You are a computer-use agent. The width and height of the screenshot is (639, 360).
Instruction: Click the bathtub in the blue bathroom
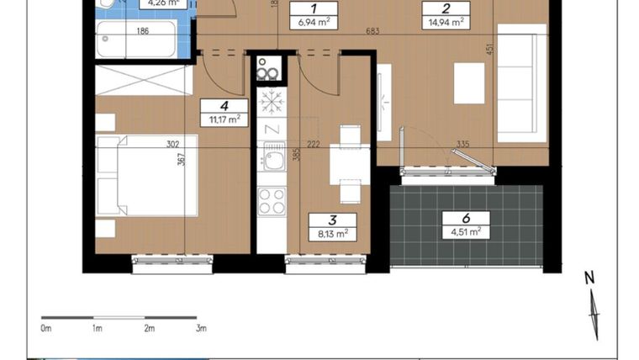coord(136,39)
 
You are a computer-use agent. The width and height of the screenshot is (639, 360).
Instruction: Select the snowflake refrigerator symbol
coord(272,103)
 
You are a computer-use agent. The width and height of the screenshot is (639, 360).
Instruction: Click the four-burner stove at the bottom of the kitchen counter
coord(272,202)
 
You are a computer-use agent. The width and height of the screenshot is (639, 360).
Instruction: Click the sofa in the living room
coord(521,82)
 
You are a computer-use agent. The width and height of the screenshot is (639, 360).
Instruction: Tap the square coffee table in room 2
coord(469,82)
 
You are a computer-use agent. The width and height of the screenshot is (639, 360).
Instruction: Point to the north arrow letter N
coord(589,277)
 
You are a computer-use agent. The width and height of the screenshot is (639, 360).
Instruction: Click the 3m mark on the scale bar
coord(201,328)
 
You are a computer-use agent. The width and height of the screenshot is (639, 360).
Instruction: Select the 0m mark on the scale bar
coord(47,328)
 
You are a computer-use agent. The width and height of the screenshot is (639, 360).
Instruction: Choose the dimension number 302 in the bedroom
coord(174,145)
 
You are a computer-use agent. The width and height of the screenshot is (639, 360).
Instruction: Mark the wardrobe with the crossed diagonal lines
coord(145,81)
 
